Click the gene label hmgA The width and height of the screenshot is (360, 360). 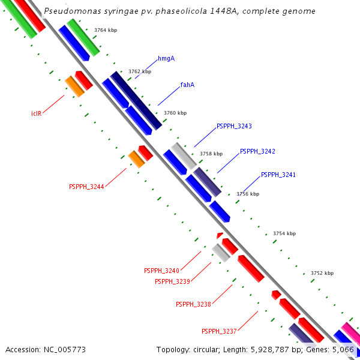pos(166,59)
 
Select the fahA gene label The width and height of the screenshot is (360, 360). pos(187,85)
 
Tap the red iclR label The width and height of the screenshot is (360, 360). pos(36,113)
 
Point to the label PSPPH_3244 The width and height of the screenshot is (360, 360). pos(86,187)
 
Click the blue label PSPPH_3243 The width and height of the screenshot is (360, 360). pos(234,127)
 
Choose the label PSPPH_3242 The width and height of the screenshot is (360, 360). pos(257,151)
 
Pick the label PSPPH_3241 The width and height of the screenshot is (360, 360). pos(278,175)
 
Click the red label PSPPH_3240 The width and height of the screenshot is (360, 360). pos(161,271)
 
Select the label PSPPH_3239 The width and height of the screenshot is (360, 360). pos(172,281)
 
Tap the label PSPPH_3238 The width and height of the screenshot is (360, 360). pos(193,305)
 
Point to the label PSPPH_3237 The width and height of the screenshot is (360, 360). pos(219,331)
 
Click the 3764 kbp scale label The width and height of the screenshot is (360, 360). pos(106,29)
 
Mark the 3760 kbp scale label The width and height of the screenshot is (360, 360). pos(175,113)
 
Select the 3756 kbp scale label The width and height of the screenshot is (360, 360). pos(248,194)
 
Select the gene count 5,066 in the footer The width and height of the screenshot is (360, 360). pos(343,349)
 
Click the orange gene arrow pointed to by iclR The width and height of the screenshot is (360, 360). pos(74,87)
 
